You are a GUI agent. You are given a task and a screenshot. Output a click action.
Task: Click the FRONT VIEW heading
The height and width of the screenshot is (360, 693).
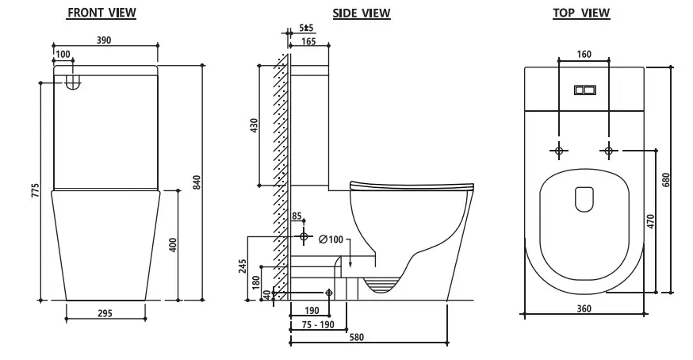(x=101, y=13)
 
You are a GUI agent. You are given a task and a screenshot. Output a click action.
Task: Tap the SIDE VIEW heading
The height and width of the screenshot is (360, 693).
(x=362, y=13)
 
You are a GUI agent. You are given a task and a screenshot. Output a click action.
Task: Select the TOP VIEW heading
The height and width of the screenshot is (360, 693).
(x=581, y=13)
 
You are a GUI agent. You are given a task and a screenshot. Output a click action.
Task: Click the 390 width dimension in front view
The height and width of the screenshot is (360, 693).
(x=104, y=40)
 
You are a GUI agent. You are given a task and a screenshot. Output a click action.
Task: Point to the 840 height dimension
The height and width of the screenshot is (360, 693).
(x=197, y=182)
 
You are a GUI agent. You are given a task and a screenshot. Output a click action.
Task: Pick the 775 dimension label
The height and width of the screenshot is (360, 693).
(x=35, y=190)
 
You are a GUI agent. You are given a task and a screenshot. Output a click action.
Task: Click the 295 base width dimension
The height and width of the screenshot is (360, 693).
(x=105, y=313)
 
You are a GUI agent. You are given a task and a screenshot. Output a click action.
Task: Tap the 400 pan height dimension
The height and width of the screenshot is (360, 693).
(x=173, y=245)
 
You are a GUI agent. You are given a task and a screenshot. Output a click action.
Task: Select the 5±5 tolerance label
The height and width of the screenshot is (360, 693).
(x=306, y=28)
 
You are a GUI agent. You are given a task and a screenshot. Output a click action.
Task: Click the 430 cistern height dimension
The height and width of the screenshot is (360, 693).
(x=255, y=126)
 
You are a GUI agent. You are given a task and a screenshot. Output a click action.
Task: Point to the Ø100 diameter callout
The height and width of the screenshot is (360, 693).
(x=331, y=239)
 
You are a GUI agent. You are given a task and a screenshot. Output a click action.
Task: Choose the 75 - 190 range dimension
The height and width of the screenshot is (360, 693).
(x=318, y=324)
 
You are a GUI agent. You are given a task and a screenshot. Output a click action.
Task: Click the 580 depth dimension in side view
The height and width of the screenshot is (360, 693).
(x=357, y=338)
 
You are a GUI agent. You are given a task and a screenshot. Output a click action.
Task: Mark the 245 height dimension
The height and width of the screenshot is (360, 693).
(x=243, y=266)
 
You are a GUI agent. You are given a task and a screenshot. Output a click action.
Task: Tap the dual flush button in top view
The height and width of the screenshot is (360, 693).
(x=585, y=90)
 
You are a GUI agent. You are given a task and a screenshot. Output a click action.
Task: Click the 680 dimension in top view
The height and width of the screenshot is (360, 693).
(x=666, y=179)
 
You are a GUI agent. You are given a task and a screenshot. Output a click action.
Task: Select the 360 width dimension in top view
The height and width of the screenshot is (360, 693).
(x=584, y=308)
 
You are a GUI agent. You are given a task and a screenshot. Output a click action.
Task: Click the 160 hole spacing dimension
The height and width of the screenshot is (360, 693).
(x=584, y=55)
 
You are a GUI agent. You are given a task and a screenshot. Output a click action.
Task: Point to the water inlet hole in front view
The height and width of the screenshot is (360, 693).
(x=74, y=82)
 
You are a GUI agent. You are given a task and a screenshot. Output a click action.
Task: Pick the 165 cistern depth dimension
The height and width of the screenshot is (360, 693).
(x=308, y=41)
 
